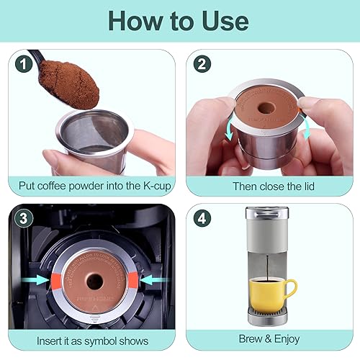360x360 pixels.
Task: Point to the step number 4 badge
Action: (x=204, y=217)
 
